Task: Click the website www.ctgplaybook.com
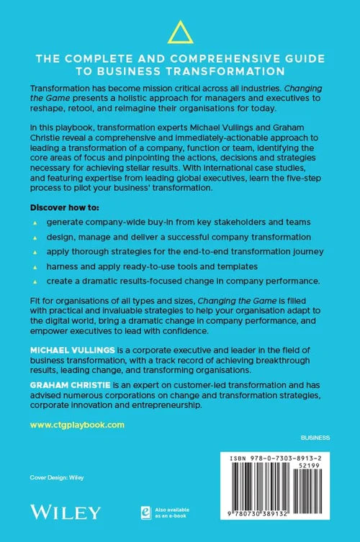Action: click(77, 425)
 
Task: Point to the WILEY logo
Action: click(65, 512)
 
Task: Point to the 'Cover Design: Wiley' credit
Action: click(56, 476)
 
